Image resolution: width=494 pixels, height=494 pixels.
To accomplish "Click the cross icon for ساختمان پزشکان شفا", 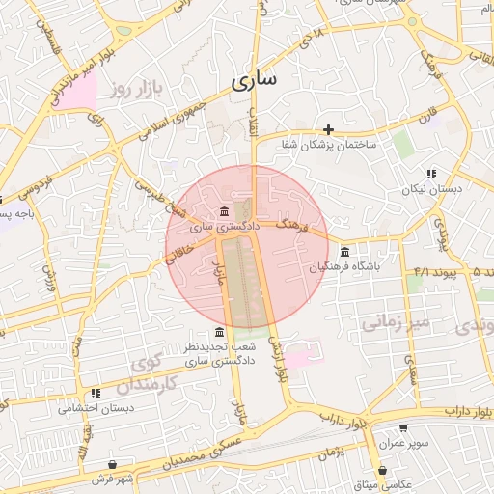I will pyautogui.click(x=328, y=128).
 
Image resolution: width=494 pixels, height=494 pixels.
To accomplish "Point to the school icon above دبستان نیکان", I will pyautogui.click(x=431, y=174).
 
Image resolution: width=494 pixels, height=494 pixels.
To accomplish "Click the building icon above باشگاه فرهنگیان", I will pyautogui.click(x=345, y=252).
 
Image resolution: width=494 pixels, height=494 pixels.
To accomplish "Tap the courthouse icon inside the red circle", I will pyautogui.click(x=224, y=211).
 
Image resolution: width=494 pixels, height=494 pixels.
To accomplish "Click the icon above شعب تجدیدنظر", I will pyautogui.click(x=218, y=332).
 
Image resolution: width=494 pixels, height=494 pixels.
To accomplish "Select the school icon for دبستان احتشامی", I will pyautogui.click(x=95, y=393).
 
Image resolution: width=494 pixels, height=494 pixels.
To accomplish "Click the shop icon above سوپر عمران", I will pyautogui.click(x=402, y=428).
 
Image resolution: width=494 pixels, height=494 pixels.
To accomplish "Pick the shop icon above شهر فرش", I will pyautogui.click(x=113, y=464).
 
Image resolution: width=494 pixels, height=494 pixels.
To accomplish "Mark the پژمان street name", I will pyautogui.click(x=329, y=451).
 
